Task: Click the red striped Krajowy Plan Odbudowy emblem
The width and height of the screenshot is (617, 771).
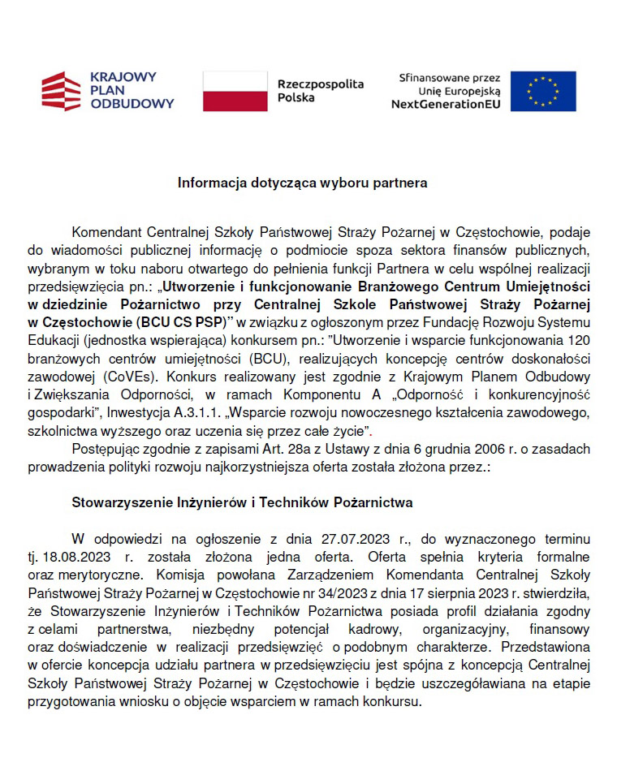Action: (62, 91)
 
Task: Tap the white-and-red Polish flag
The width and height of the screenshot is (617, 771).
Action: (235, 91)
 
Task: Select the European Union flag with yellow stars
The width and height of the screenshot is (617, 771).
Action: (542, 91)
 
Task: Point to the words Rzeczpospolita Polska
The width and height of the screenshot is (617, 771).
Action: (320, 91)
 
